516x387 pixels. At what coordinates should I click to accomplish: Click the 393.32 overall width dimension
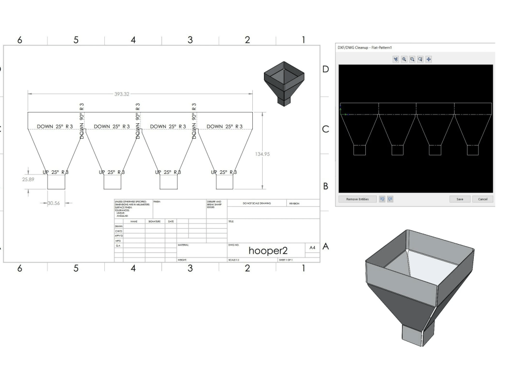122,94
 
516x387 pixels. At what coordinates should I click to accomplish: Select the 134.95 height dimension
263,154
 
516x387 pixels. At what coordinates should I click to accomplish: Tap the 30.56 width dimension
54,203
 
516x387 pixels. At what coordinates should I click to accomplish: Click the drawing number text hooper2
266,250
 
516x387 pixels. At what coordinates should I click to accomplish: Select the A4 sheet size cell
312,248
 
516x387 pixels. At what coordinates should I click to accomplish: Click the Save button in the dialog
459,199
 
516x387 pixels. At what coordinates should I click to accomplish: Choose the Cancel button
482,199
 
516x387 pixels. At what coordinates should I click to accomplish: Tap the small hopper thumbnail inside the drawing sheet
281,83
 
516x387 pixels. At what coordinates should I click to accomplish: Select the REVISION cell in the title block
295,203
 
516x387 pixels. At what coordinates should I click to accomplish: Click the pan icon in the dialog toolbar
428,59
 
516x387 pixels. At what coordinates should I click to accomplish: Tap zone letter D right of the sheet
325,69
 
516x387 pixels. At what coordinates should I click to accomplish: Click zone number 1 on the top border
304,40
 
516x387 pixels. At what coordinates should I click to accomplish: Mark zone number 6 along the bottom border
20,268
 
